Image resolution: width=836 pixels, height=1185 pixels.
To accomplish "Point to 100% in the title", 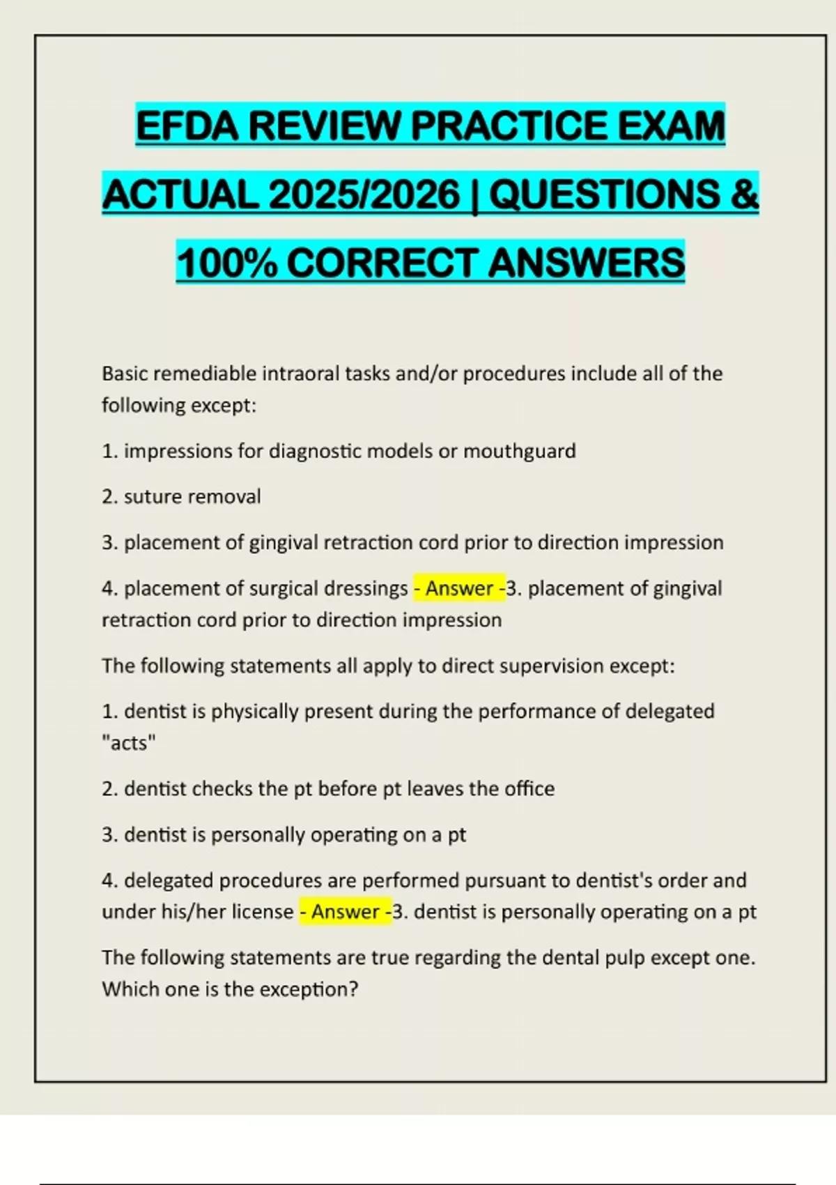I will pyautogui.click(x=226, y=263).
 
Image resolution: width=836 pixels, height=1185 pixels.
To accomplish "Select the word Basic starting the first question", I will pyautogui.click(x=125, y=374).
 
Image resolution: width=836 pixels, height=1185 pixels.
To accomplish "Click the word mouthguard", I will pyautogui.click(x=520, y=452).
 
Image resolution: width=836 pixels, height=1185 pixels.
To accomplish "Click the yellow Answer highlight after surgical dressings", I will pyautogui.click(x=459, y=589).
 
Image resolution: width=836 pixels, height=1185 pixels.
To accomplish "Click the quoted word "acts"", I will pyautogui.click(x=129, y=743).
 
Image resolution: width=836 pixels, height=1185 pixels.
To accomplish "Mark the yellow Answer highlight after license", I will pyautogui.click(x=345, y=912).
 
